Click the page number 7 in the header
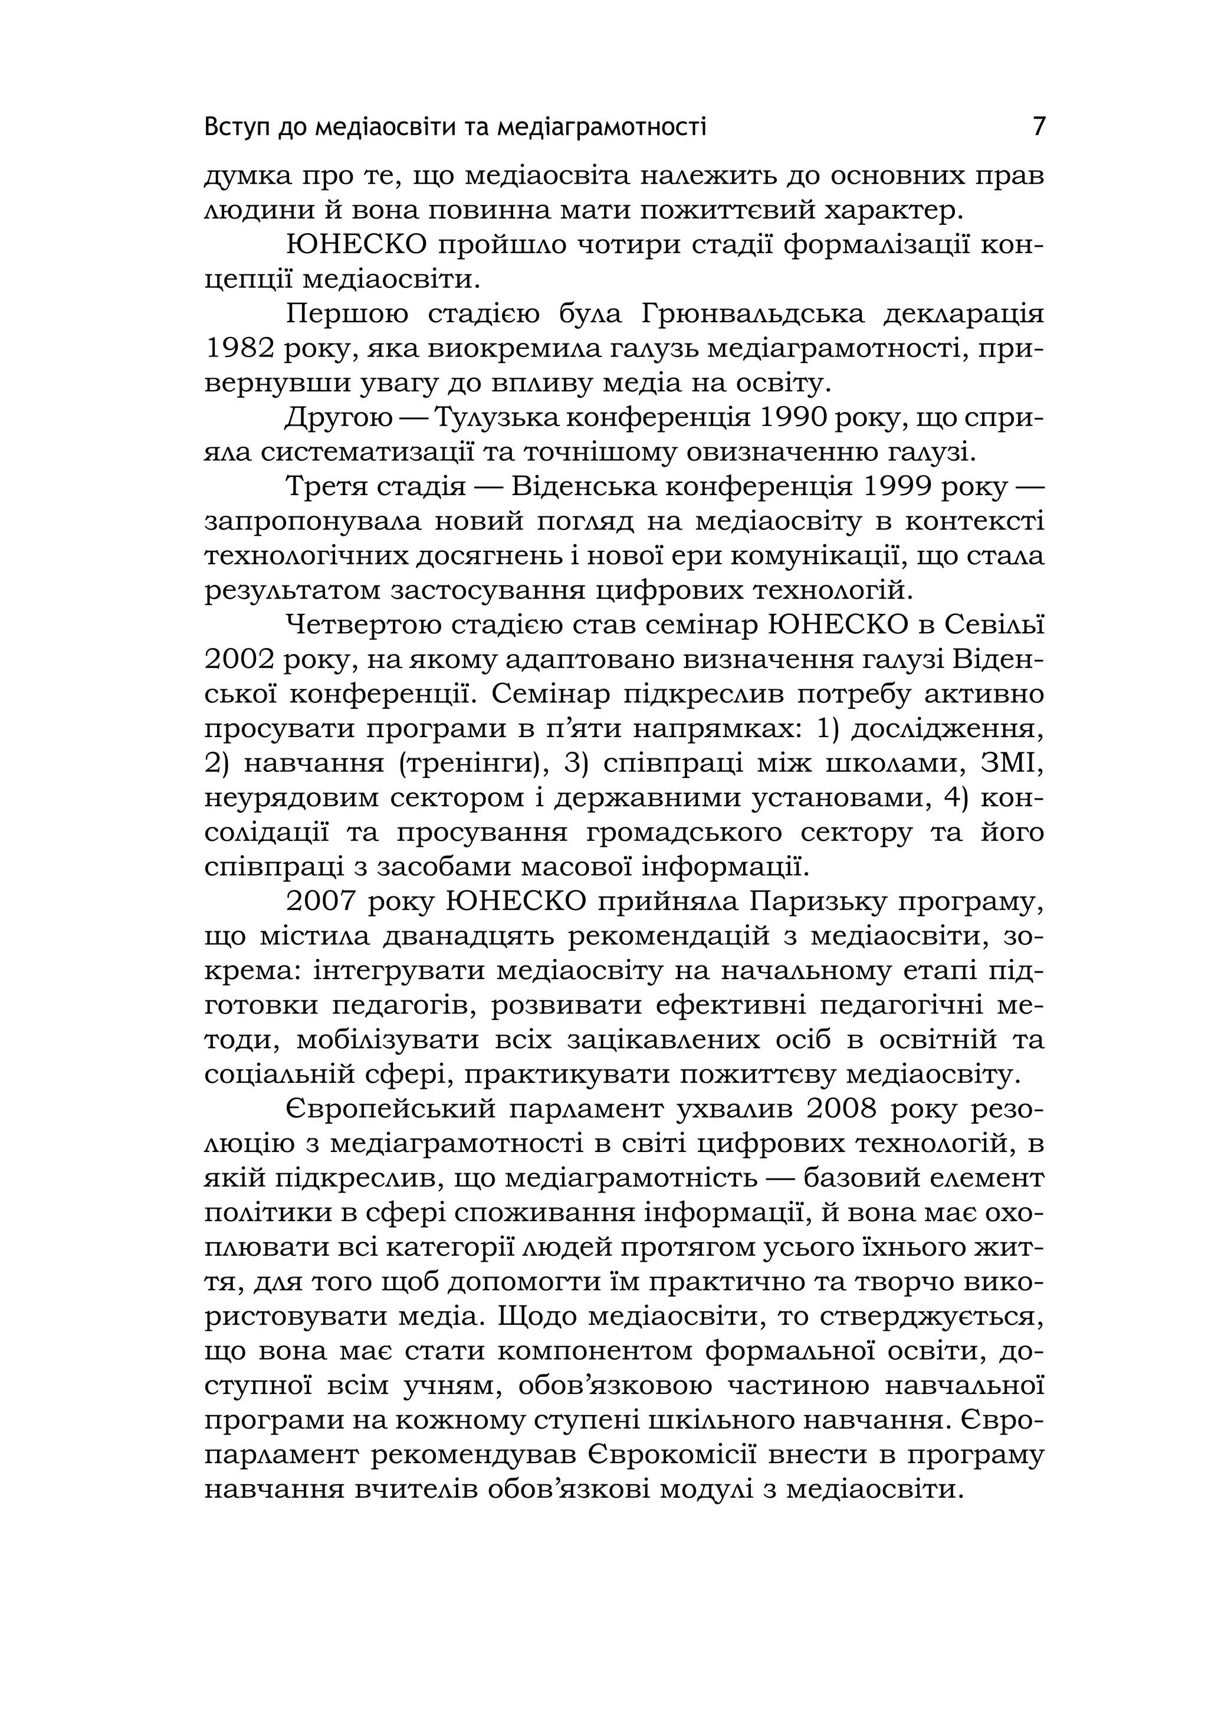[x=1039, y=126]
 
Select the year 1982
[x=234, y=349]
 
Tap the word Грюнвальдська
[x=752, y=315]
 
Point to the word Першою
[x=347, y=315]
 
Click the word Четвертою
[x=366, y=625]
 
